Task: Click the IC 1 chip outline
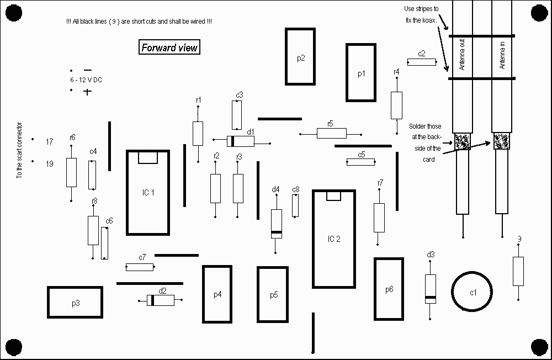click(x=148, y=192)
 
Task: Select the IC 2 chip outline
click(x=333, y=239)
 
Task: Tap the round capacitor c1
click(x=473, y=292)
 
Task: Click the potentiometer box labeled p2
click(x=301, y=57)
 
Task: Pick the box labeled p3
click(x=75, y=303)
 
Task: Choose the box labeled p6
click(x=389, y=289)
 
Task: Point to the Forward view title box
click(x=169, y=47)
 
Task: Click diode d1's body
click(x=241, y=141)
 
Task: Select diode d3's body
click(x=431, y=288)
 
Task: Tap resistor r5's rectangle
click(x=331, y=133)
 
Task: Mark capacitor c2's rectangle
click(x=422, y=62)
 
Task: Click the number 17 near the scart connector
click(x=49, y=142)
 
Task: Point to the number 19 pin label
click(x=49, y=163)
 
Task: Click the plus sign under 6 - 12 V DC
click(x=87, y=92)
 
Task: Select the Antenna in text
click(x=502, y=56)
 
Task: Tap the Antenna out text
click(x=462, y=56)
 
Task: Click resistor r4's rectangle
click(x=396, y=105)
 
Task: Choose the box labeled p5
click(x=274, y=294)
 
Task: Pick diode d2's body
click(x=161, y=300)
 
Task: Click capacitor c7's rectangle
click(x=140, y=267)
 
